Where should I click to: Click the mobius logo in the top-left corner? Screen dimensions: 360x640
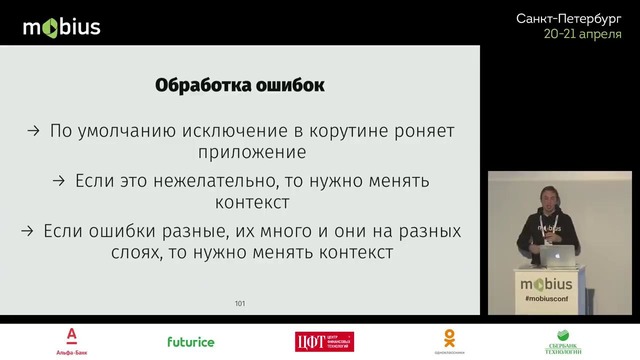click(x=61, y=26)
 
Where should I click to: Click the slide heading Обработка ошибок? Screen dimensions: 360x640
click(x=240, y=86)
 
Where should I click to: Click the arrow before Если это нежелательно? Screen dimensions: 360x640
click(x=60, y=181)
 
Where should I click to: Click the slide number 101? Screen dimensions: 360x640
click(x=240, y=303)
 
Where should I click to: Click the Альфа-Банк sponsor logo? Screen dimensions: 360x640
click(x=73, y=340)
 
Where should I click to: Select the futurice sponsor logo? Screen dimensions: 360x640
click(x=190, y=341)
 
